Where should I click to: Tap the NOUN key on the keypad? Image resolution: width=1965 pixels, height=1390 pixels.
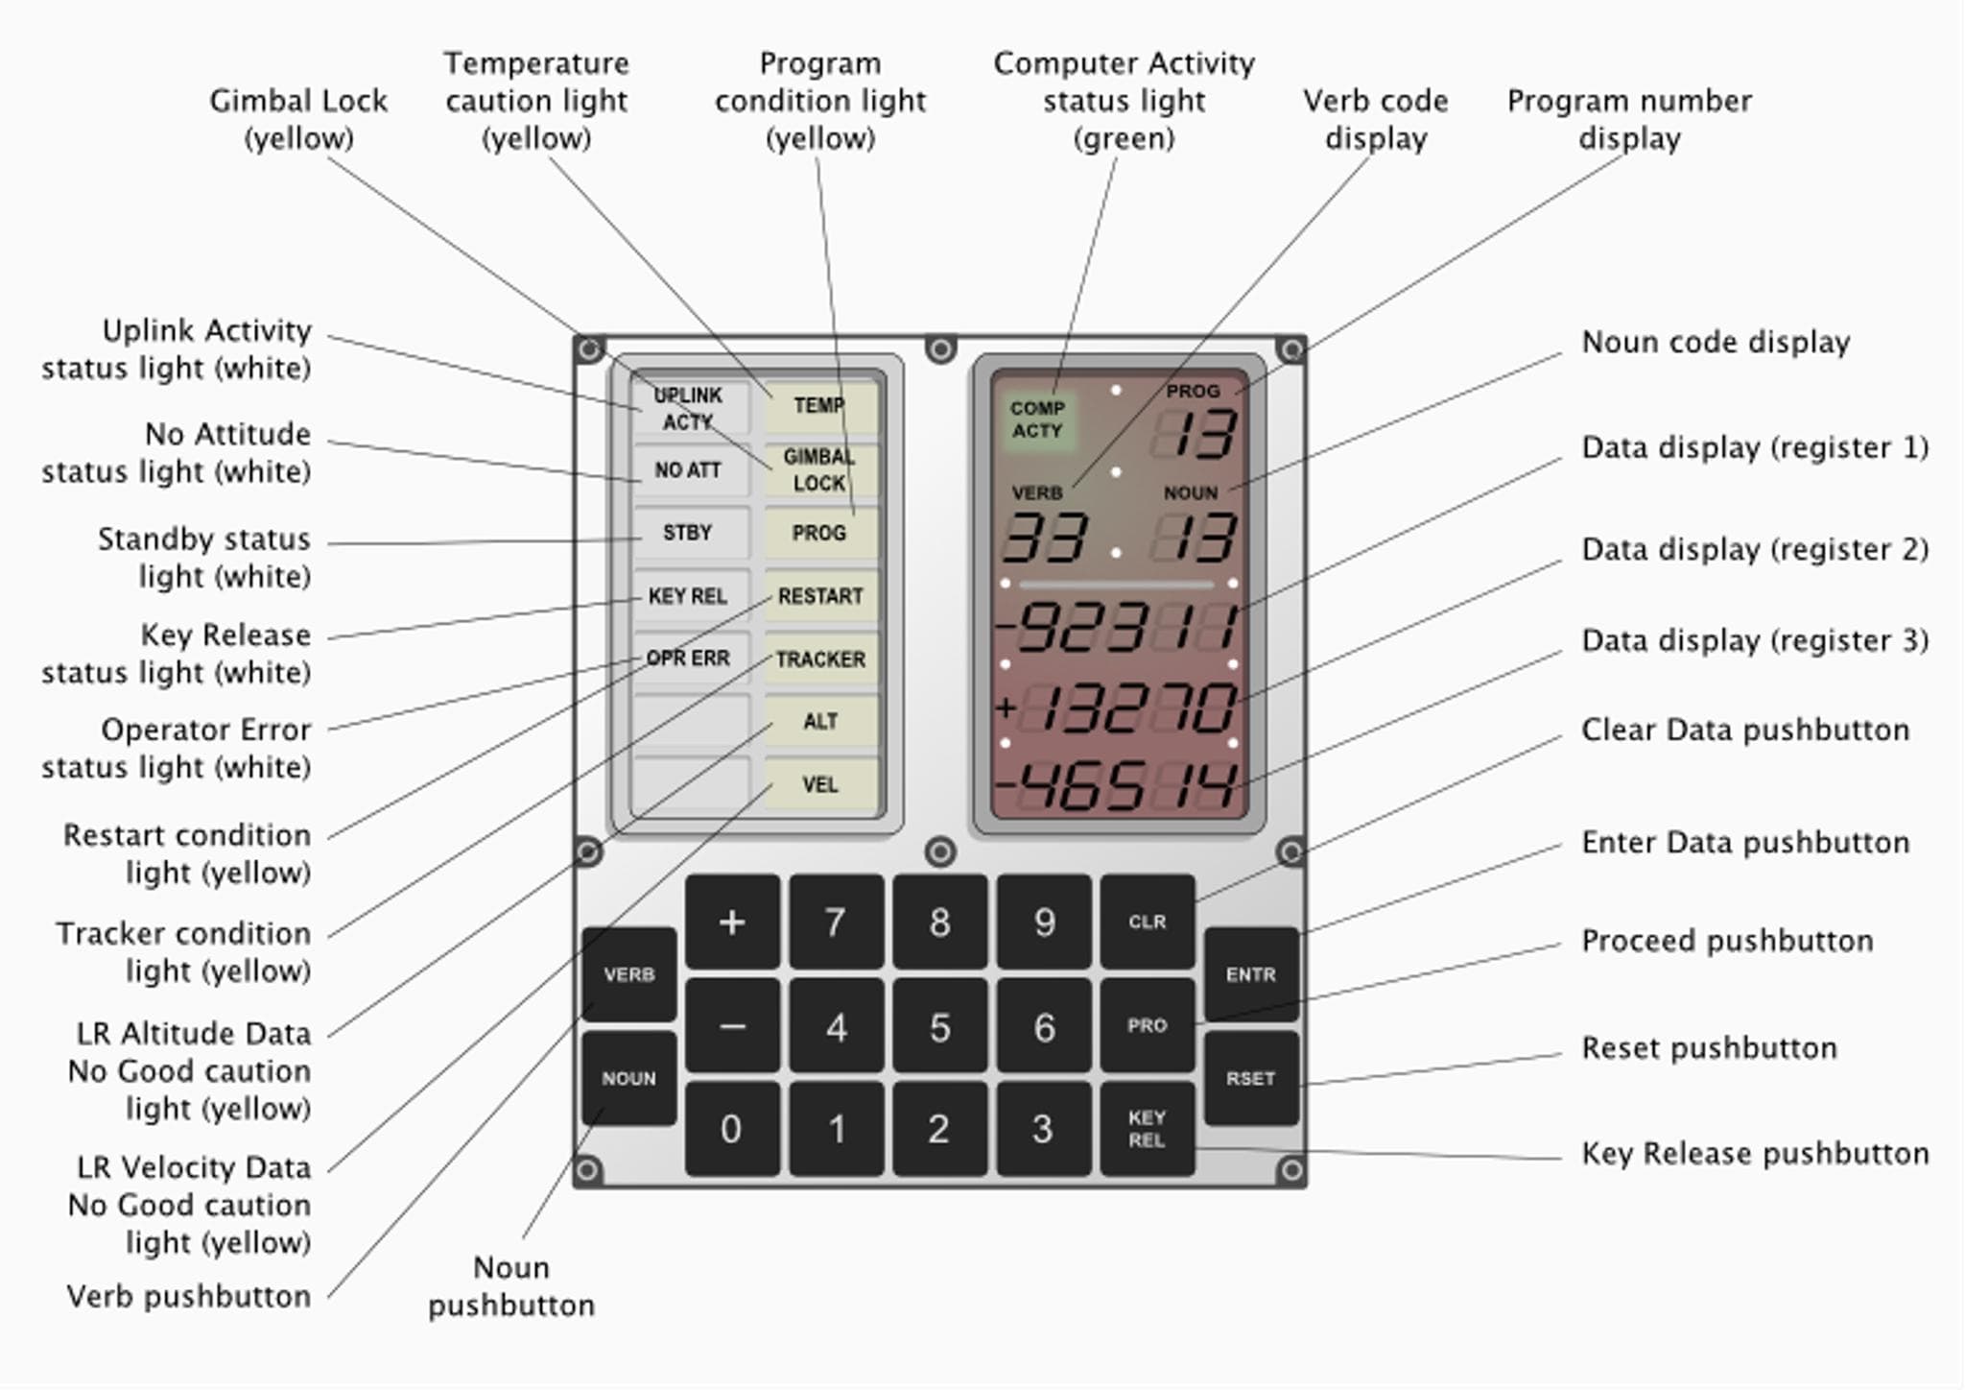pyautogui.click(x=628, y=1078)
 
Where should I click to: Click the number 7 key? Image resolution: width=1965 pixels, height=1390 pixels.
pyautogui.click(x=836, y=923)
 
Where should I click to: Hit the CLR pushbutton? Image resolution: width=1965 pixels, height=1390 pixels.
pyautogui.click(x=1147, y=922)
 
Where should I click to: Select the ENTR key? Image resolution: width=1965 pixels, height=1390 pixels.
pyautogui.click(x=1250, y=974)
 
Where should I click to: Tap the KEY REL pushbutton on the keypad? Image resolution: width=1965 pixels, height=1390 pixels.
pyautogui.click(x=1147, y=1129)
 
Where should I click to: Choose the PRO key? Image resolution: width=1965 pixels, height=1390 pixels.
pyautogui.click(x=1147, y=1025)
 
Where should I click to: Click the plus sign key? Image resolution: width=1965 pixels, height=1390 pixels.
pyautogui.click(x=732, y=923)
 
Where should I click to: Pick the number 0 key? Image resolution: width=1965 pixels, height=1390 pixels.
pyautogui.click(x=731, y=1129)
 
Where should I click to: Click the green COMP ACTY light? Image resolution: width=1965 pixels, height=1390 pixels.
pyautogui.click(x=1036, y=420)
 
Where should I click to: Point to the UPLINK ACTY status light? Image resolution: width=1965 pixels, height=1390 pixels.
pyautogui.click(x=689, y=408)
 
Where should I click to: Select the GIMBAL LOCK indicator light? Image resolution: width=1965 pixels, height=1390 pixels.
pyautogui.click(x=819, y=469)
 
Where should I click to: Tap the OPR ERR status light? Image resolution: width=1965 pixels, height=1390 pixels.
pyautogui.click(x=689, y=659)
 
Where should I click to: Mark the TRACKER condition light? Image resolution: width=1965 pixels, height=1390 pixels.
pyautogui.click(x=820, y=659)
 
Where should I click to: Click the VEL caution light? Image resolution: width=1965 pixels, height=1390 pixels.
pyautogui.click(x=820, y=784)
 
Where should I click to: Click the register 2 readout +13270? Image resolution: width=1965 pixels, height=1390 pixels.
pyautogui.click(x=1118, y=708)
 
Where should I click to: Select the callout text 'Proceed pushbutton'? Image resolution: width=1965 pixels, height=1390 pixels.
pyautogui.click(x=1727, y=941)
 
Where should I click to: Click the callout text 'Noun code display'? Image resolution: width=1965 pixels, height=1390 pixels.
pyautogui.click(x=1716, y=343)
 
